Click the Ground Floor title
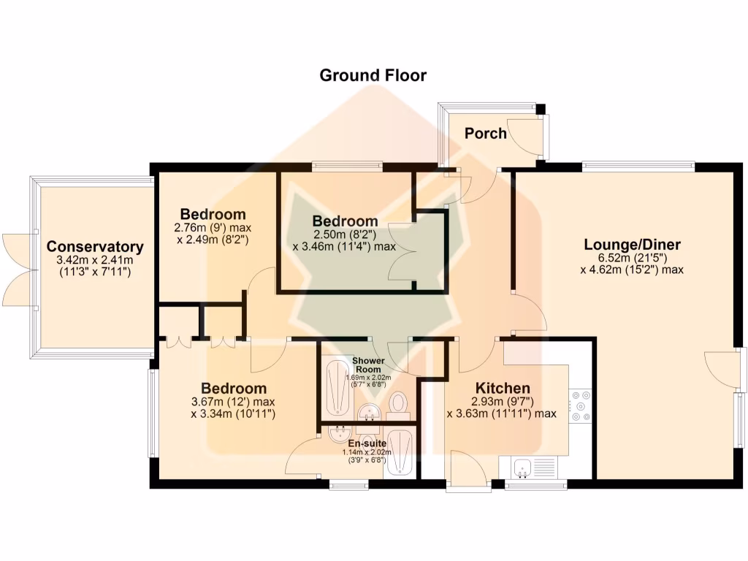[x=373, y=75]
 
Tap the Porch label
[x=486, y=133]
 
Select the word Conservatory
[x=95, y=247]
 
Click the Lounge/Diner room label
[x=632, y=245]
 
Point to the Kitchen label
[x=503, y=388]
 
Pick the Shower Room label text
[x=368, y=365]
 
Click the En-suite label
[x=370, y=443]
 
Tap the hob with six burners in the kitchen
[x=581, y=405]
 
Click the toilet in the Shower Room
[x=397, y=403]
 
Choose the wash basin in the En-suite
[x=341, y=434]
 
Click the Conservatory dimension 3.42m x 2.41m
[x=95, y=261]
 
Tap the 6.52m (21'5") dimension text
[x=633, y=258]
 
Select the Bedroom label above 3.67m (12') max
[x=234, y=389]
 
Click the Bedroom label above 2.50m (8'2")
[x=346, y=221]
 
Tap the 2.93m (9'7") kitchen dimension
[x=503, y=401]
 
